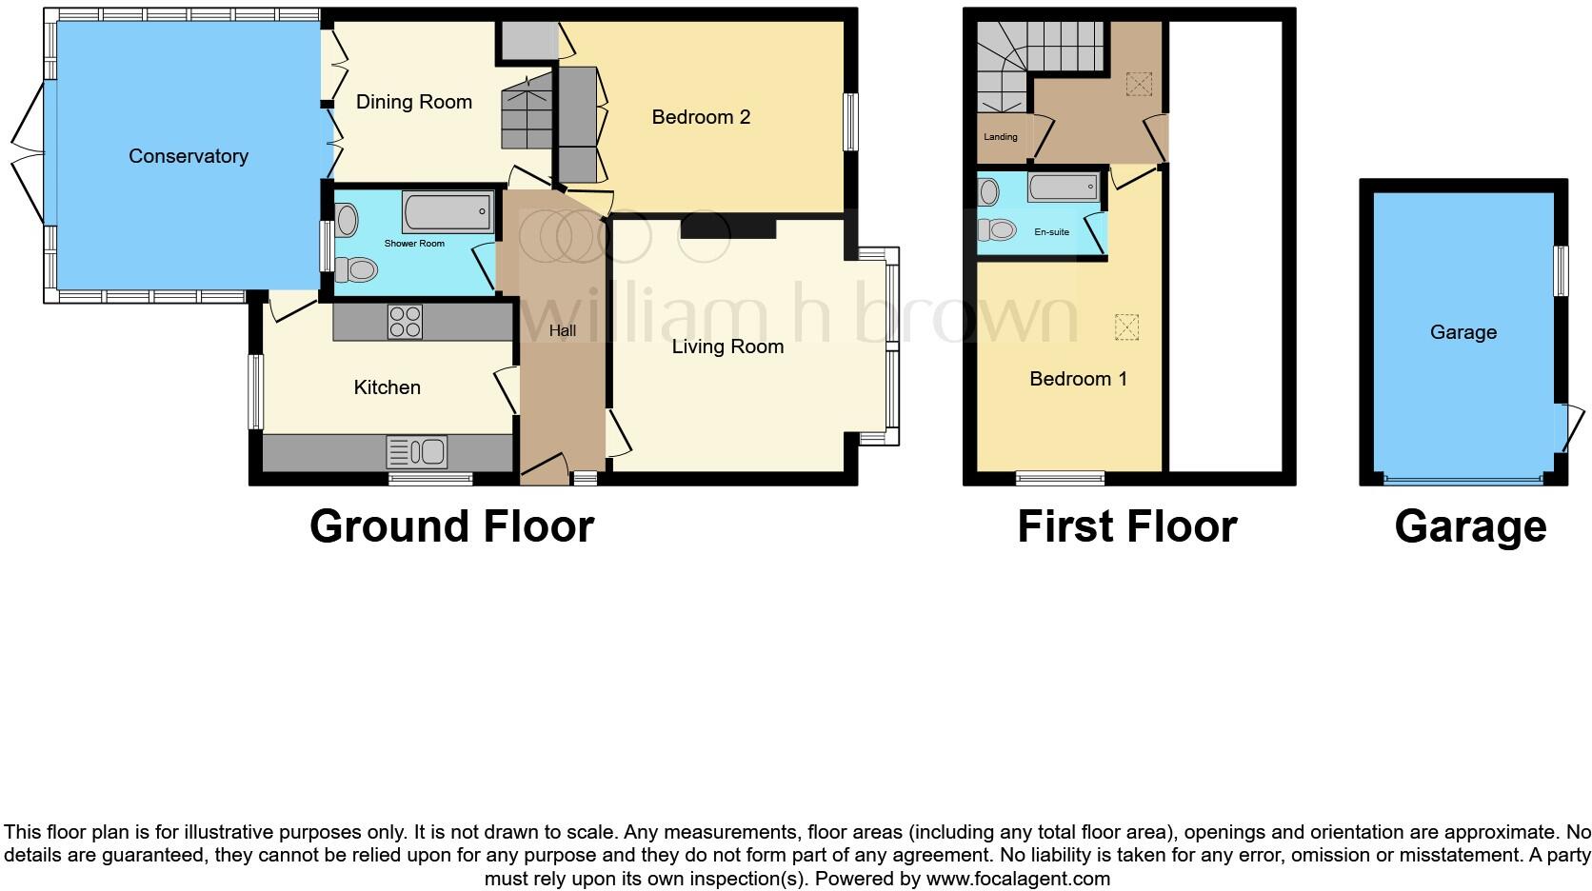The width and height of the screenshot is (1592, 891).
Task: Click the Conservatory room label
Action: pos(189,156)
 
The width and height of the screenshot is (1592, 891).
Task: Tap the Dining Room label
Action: pos(413,102)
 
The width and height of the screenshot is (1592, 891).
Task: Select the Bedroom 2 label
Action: pos(701,117)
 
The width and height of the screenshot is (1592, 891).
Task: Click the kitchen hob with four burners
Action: pos(405,322)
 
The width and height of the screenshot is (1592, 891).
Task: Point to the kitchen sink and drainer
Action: pos(417,451)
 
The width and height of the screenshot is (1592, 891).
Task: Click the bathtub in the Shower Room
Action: pos(448,211)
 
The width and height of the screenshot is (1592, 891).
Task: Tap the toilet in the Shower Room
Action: pos(357,270)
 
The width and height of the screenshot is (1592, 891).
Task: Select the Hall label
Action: pos(563,331)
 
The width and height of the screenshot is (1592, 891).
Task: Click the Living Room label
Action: pos(727,346)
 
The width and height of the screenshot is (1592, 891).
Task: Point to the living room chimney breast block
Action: pos(728,228)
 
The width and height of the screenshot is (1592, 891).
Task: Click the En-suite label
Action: pos(1051,232)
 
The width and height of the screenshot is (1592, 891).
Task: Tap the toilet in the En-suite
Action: pos(997,229)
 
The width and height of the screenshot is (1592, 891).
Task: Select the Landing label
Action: pos(1000,137)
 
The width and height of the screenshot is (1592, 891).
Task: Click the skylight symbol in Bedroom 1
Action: pos(1125,327)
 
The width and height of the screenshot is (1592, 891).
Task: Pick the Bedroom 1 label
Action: pos(1078,379)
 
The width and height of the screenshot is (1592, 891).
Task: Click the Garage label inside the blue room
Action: pos(1463,332)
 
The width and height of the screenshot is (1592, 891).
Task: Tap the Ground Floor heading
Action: pos(451,526)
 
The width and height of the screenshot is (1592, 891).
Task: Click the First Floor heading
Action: pos(1126,526)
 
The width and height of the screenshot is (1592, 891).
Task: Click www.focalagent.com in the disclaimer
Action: pos(1018,879)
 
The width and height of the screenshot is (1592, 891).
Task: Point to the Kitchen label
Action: pos(387,387)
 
